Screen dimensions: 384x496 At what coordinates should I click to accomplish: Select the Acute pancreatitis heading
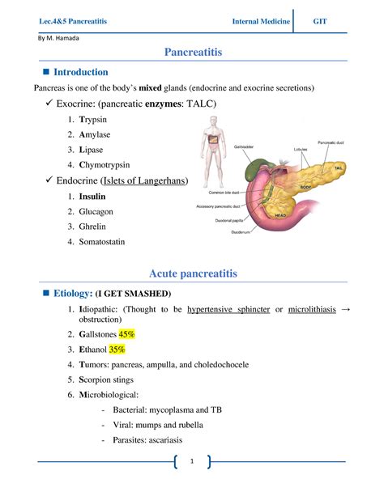[192, 274]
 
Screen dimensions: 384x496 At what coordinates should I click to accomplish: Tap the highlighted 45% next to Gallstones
[127, 334]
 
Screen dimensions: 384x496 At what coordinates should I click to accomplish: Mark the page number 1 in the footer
[192, 462]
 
